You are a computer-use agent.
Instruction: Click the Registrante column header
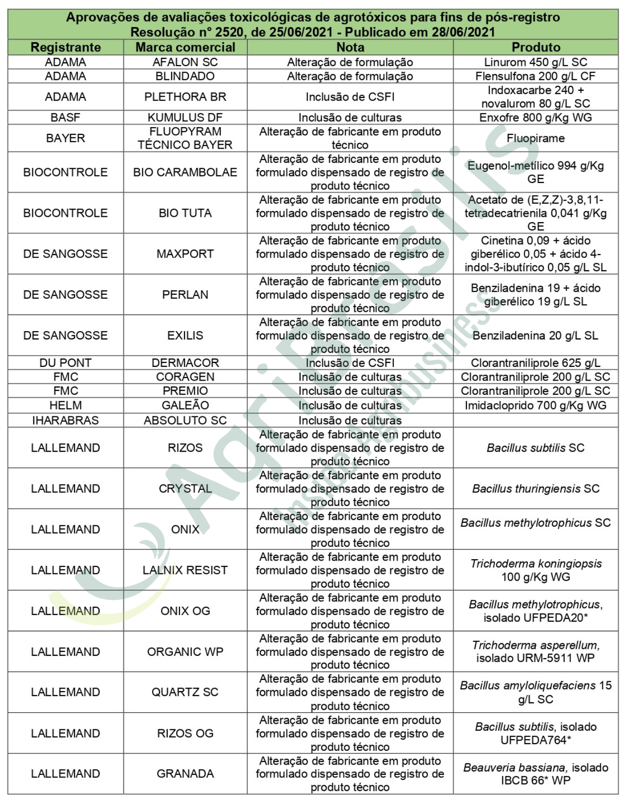coord(65,47)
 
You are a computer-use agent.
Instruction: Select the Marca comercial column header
coord(185,47)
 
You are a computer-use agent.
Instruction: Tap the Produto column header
coord(535,47)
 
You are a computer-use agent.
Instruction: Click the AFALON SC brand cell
coord(185,62)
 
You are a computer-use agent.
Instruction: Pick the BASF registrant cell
coord(65,118)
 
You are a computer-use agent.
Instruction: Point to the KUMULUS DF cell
coord(185,118)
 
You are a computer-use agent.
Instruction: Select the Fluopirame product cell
coord(535,138)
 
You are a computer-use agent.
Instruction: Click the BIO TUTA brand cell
coord(185,213)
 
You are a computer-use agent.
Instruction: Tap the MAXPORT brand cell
coord(185,254)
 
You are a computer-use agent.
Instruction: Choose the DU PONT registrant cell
coord(65,363)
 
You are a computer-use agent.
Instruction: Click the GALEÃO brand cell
coord(185,406)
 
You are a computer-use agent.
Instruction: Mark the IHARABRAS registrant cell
coord(65,420)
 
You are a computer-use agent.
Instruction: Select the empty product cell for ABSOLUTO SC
coord(535,420)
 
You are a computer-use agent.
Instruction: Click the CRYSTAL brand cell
coord(185,488)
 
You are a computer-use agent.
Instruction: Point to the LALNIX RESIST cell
coord(185,570)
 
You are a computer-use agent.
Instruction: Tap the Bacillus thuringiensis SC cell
coord(535,488)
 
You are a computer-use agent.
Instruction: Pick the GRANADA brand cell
coord(185,773)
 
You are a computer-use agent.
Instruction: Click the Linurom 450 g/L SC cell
coord(535,62)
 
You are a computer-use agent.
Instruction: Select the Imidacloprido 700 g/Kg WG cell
coord(535,406)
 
